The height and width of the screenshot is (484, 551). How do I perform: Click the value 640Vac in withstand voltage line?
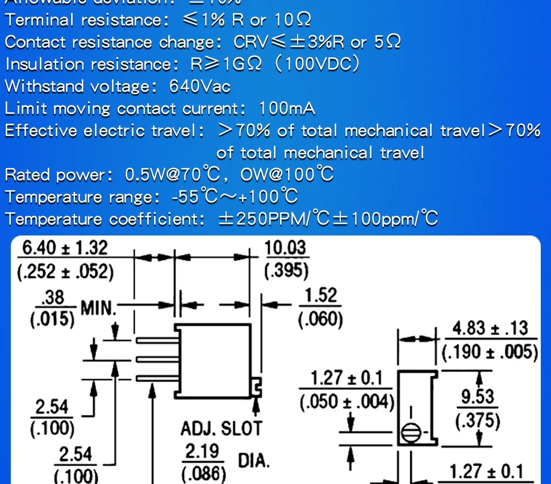tap(200, 87)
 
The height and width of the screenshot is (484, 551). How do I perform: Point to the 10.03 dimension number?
tap(285, 248)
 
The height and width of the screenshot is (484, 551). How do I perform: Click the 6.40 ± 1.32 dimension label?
tap(63, 248)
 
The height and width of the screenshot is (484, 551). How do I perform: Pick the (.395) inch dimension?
tap(286, 271)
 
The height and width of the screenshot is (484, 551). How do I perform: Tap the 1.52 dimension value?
tap(321, 296)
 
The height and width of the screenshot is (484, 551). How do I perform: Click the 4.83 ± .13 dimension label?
tap(490, 328)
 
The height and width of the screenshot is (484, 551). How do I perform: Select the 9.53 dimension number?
tap(478, 396)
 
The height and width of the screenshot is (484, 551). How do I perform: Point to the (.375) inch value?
tap(478, 420)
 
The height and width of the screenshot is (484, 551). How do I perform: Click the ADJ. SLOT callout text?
tap(222, 428)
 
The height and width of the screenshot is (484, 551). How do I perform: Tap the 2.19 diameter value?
tap(203, 452)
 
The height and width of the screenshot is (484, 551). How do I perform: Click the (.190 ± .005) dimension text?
tap(490, 352)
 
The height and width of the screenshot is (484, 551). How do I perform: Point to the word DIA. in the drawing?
tap(253, 460)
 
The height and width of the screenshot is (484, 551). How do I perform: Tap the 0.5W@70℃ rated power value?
tap(172, 175)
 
